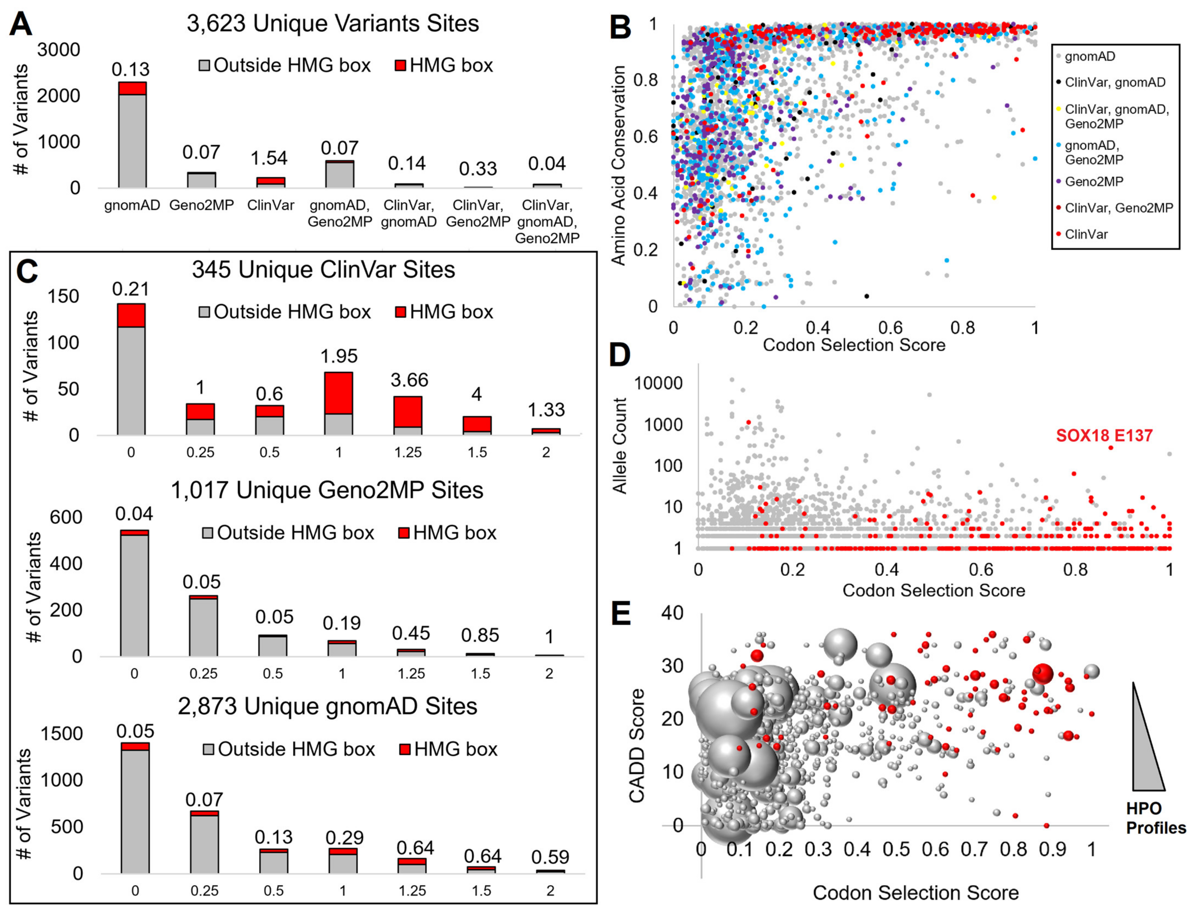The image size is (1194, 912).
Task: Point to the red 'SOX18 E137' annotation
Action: (x=1104, y=435)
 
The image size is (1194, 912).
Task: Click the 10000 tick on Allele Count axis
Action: (x=658, y=383)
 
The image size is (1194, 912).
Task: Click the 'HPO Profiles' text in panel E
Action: (x=1155, y=818)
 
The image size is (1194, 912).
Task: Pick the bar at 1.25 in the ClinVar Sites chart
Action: (x=408, y=415)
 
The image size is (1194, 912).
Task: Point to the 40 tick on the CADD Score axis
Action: (x=673, y=613)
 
